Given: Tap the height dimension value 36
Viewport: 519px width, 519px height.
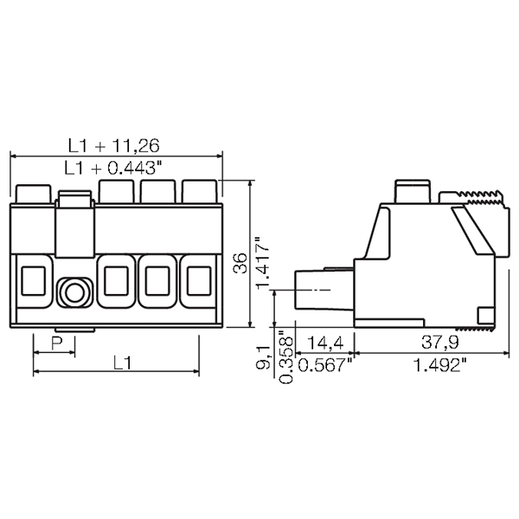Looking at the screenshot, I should (x=240, y=263).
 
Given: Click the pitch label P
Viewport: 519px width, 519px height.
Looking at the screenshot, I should (x=54, y=344).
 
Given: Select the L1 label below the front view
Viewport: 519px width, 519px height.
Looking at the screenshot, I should (x=121, y=363).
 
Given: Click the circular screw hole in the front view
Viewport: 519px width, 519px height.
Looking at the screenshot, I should (x=73, y=292).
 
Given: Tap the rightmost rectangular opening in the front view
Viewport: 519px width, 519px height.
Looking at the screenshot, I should (x=198, y=280).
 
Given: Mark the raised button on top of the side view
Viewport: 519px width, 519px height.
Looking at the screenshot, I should (x=412, y=191).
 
